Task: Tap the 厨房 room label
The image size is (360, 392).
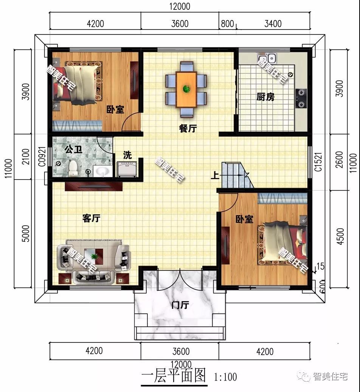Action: [265, 97]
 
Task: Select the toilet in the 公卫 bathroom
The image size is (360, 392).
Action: [73, 168]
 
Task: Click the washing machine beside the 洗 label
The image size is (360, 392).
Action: [127, 169]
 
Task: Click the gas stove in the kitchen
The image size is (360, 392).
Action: [301, 98]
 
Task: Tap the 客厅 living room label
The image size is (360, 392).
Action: [91, 218]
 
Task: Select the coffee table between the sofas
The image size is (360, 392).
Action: [93, 257]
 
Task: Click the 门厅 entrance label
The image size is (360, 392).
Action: [180, 305]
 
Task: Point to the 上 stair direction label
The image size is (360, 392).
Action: [215, 175]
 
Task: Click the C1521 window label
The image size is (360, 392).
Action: [318, 162]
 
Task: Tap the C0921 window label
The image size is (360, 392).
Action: [42, 157]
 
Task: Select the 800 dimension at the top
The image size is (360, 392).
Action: [227, 24]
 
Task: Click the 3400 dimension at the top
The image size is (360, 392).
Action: [273, 24]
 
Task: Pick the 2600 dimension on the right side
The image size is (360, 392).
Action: [340, 160]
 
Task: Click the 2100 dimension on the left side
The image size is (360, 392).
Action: [26, 156]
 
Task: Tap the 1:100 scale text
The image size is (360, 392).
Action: [225, 377]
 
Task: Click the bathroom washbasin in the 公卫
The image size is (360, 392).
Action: [102, 171]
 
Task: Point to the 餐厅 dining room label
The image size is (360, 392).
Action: [188, 129]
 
